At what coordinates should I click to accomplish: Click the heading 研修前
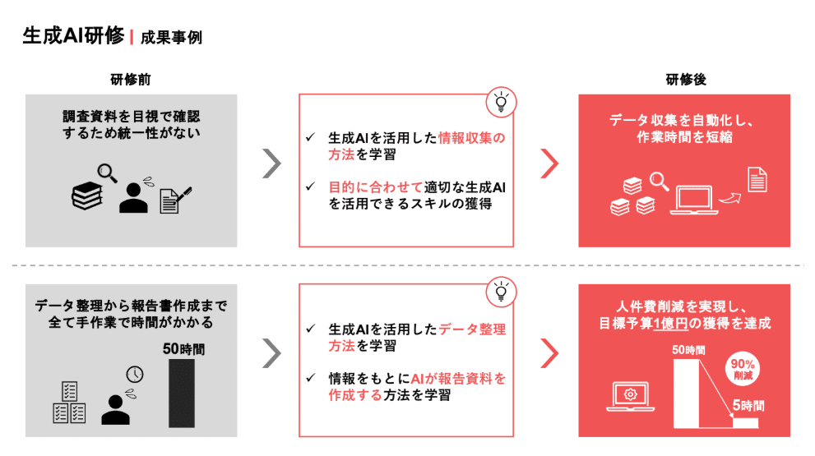pos(131,80)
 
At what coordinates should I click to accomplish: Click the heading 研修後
pos(686,80)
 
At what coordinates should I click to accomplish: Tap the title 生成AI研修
pos(73,36)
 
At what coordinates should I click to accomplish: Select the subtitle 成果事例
pos(171,38)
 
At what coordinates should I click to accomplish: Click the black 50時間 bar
pos(182,394)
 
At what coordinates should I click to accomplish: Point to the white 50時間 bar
pos(686,394)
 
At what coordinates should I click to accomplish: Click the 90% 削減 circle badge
pos(743,369)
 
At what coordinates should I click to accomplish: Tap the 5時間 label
pos(748,405)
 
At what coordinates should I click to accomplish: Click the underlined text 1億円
pos(670,324)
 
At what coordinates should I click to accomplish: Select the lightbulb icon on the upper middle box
pos(501,103)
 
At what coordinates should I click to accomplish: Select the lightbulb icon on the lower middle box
pos(501,292)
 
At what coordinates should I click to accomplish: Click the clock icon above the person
pos(135,374)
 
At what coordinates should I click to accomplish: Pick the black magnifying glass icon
pos(107,173)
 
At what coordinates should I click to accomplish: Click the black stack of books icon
pos(87,196)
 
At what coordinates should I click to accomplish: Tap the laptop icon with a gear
pos(631,397)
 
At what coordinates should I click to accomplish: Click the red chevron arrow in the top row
pos(549,164)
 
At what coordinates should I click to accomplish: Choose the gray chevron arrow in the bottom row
pos(271,353)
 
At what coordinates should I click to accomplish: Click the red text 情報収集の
pos(472,138)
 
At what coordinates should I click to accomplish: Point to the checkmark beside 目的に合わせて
pos(310,186)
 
